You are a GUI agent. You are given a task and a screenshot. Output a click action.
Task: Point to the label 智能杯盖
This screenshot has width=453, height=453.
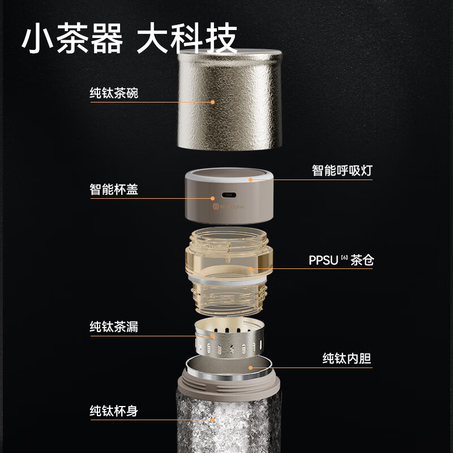113,189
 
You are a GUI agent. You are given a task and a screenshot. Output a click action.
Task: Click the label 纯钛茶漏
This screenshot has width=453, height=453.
113,327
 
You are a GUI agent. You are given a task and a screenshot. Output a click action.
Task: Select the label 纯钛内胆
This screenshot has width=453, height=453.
347,358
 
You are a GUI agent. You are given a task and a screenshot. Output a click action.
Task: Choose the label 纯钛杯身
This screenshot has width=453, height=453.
113,411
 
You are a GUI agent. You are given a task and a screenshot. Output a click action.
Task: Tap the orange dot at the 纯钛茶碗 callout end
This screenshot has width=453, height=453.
213,102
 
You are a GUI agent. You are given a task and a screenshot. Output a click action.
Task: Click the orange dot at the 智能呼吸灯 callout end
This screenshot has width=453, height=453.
250,180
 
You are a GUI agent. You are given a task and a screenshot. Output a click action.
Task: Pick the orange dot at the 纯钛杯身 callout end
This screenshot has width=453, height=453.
213,420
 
